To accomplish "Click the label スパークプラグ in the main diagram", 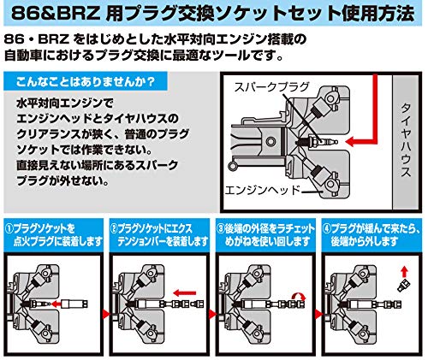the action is (271, 87).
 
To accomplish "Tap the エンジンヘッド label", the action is (263, 190).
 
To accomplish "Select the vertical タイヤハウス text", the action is (406, 140).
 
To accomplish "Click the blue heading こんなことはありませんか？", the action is (86, 82).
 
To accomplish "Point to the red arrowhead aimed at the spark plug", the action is (350, 142).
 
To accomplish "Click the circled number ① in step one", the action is (9, 229).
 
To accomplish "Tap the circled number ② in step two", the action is (114, 229).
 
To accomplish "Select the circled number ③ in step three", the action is (220, 229).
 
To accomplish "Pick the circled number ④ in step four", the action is (326, 229).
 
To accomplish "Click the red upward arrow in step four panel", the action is (404, 272).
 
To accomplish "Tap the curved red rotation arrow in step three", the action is (299, 297).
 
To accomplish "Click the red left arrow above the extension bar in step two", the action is (185, 293).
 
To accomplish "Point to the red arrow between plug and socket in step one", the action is (58, 304).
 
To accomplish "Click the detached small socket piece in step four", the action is (404, 286).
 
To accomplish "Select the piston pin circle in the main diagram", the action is (270, 141).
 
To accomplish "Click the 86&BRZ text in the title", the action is (56, 13).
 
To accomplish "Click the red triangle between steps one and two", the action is (106, 315).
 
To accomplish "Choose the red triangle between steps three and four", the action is (318, 315).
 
